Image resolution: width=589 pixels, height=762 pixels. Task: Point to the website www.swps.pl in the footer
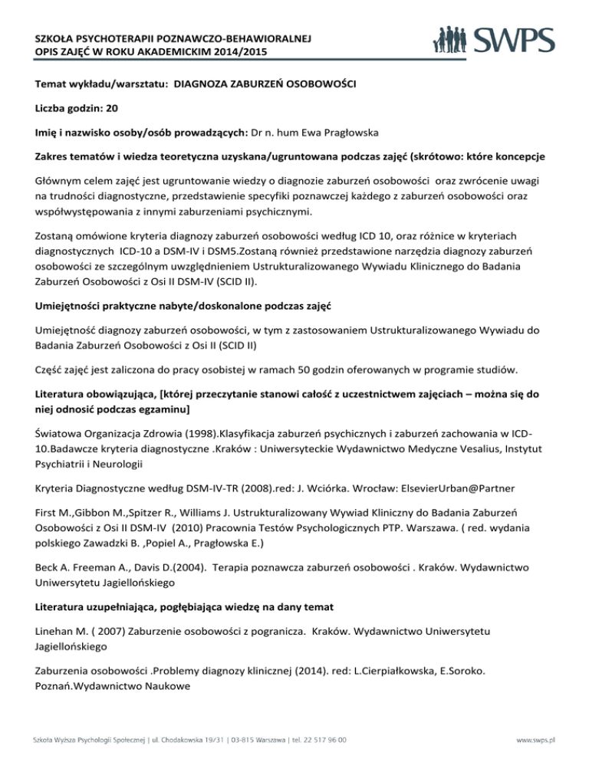click(538, 741)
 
